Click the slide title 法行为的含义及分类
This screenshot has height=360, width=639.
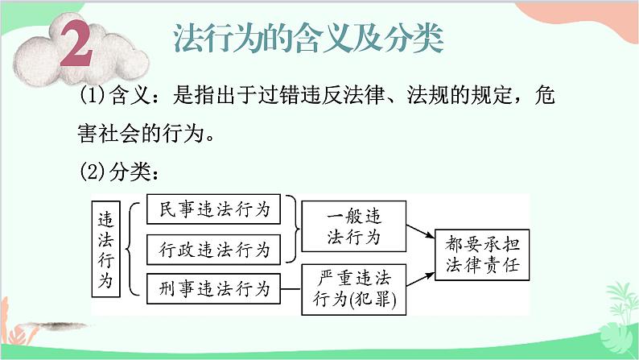(x=308, y=38)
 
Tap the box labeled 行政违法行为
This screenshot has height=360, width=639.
(x=214, y=249)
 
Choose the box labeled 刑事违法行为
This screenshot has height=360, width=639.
(x=214, y=286)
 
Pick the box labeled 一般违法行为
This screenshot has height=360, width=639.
(x=352, y=227)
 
